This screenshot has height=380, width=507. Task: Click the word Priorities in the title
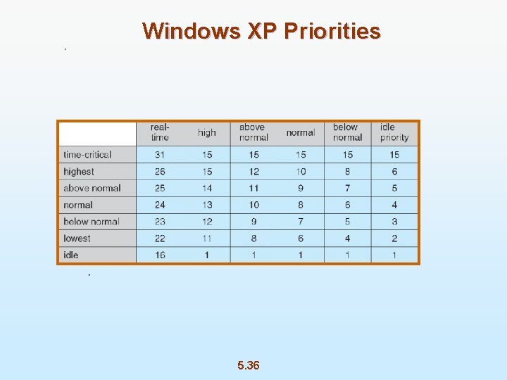click(x=331, y=31)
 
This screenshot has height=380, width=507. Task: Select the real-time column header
click(x=160, y=132)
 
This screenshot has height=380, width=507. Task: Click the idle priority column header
click(x=394, y=132)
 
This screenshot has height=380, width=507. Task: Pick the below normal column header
click(x=347, y=132)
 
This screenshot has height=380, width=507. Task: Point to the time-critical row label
click(x=87, y=155)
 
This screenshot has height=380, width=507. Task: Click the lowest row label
click(x=77, y=239)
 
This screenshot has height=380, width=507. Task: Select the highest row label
click(x=79, y=172)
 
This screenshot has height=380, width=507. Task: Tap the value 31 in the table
click(x=160, y=155)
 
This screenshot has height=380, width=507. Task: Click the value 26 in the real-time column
click(x=160, y=172)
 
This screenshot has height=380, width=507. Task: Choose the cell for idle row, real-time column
click(x=160, y=255)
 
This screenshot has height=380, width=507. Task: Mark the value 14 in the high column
click(x=207, y=188)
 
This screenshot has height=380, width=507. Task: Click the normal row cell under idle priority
click(x=394, y=205)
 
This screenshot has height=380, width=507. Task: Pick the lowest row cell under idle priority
click(x=394, y=239)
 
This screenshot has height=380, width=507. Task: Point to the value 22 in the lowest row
click(x=160, y=239)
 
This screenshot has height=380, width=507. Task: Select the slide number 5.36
click(x=248, y=365)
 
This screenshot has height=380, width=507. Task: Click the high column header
click(x=207, y=132)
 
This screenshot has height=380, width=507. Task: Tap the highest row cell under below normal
click(x=347, y=172)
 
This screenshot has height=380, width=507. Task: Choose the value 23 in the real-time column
click(x=160, y=222)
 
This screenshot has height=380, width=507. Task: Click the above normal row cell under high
click(x=207, y=188)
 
